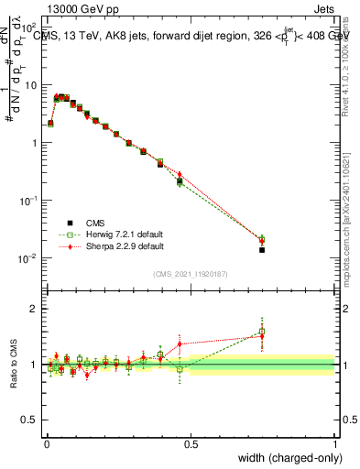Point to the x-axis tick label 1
[335, 442]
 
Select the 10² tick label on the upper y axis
[30, 27]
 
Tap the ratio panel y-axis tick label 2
[35, 309]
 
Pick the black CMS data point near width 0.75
[262, 249]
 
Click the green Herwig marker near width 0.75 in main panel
[262, 238]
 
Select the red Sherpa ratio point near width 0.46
[180, 344]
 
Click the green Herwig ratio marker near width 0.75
[262, 332]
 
